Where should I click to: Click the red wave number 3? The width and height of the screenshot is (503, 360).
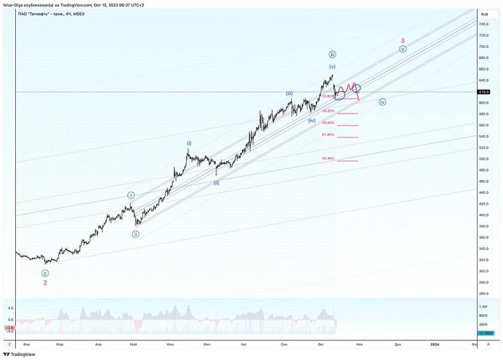coord(402,40)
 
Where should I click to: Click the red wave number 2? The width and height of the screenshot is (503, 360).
coord(45,282)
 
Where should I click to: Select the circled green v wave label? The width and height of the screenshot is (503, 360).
coord(403,49)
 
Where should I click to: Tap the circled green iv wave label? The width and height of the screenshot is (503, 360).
coord(382,102)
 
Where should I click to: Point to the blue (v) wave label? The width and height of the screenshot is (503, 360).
coord(332,67)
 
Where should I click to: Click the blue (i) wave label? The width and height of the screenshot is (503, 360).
coord(189,143)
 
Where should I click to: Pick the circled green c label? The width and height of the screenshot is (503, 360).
coord(45,273)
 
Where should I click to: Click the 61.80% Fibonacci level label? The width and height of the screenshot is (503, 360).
coord(328,135)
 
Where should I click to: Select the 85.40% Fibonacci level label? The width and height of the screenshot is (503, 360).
coord(328,159)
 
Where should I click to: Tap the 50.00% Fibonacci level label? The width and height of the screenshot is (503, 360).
coord(328,123)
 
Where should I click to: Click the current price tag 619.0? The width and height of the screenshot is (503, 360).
coord(484,92)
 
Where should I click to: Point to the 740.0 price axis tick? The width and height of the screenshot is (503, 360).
coord(483,24)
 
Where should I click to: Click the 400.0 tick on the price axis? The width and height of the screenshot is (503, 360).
coord(483,215)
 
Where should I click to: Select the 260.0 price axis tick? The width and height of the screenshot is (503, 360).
coord(483,294)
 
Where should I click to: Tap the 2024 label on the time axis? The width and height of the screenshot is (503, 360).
coord(435,344)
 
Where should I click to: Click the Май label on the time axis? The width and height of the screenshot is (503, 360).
coord(134,344)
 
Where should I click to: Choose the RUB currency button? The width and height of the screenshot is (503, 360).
coord(484,14)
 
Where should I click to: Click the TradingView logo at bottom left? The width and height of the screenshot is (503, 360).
coord(20,354)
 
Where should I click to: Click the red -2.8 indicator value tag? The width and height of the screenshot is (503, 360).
coord(10,327)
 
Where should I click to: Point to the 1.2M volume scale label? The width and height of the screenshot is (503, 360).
coord(484,306)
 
